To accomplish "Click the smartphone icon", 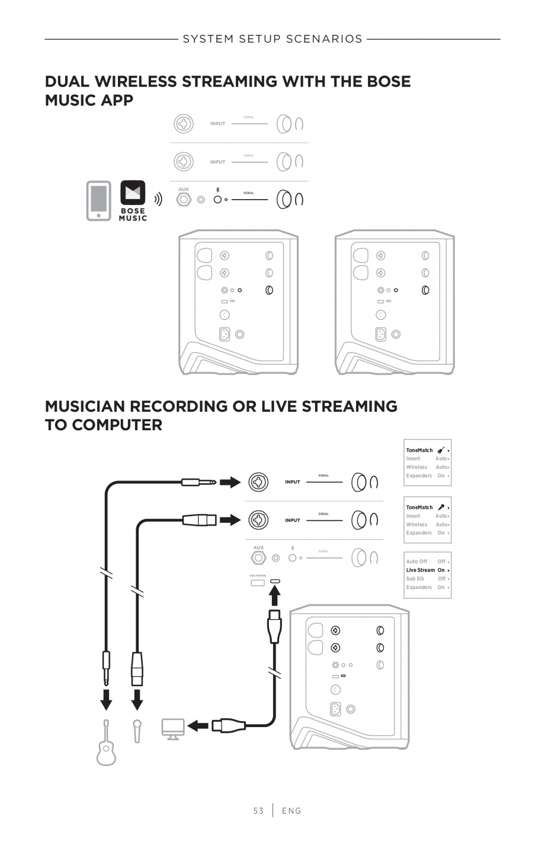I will point(98,201).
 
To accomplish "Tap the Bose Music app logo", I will point(133,201).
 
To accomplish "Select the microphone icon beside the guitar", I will point(137,731).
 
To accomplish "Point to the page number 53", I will point(258,811).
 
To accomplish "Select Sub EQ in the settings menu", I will point(415,579).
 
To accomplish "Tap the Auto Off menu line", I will point(416,561).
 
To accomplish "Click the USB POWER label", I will point(258,575).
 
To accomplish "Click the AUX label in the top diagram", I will point(184,190).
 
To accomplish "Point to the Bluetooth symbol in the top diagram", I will point(218,190).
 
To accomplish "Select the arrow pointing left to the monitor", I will point(198,725).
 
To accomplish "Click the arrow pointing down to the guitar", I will point(106,699).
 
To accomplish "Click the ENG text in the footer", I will point(291,811).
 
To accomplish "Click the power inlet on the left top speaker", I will point(225,334).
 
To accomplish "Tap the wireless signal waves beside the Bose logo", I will point(158,200).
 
